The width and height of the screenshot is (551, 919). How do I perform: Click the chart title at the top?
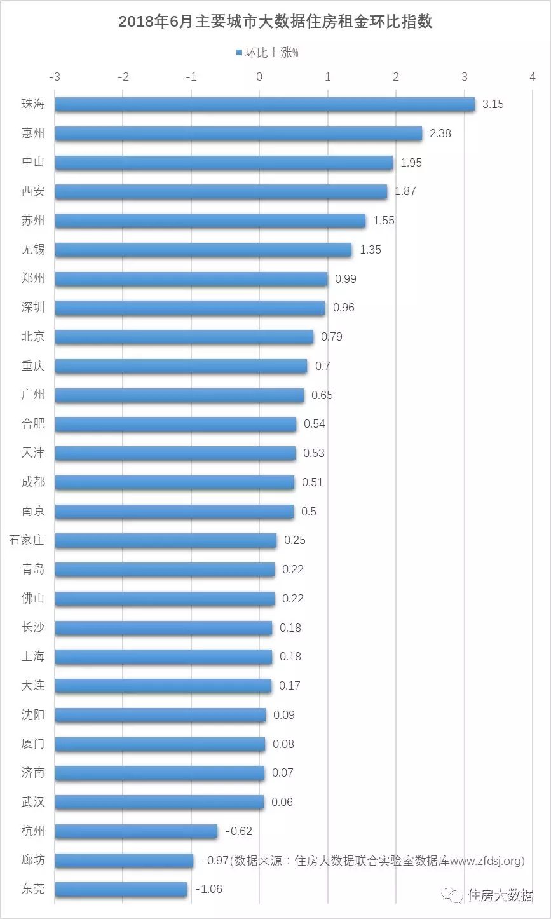pyautogui.click(x=275, y=21)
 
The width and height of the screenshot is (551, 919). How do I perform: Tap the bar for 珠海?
pyautogui.click(x=264, y=104)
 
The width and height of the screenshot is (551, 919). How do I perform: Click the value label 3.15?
pyautogui.click(x=493, y=104)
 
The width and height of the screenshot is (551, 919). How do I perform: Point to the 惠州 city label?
pyautogui.click(x=33, y=133)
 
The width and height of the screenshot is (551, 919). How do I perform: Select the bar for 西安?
pyautogui.click(x=221, y=191)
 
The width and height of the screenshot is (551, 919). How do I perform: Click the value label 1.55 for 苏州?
pyautogui.click(x=384, y=221)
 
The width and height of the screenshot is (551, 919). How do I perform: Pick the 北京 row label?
pyautogui.click(x=33, y=336)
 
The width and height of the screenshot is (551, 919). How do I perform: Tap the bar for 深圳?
pyautogui.click(x=189, y=308)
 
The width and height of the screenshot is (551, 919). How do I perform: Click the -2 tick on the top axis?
pyautogui.click(x=123, y=77)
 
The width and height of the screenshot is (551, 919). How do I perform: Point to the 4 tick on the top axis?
pyautogui.click(x=532, y=77)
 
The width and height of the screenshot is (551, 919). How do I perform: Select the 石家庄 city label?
pyautogui.click(x=27, y=540)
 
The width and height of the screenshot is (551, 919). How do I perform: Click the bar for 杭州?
pyautogui.click(x=136, y=831)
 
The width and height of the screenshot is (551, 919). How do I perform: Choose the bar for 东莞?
pyautogui.click(x=121, y=889)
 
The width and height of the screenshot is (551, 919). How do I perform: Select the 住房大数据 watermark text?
pyautogui.click(x=500, y=895)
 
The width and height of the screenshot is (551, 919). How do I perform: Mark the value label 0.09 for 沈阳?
pyautogui.click(x=283, y=715)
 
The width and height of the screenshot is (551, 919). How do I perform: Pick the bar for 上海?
pyautogui.click(x=163, y=657)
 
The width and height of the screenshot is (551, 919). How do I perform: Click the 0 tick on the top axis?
pyautogui.click(x=259, y=77)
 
